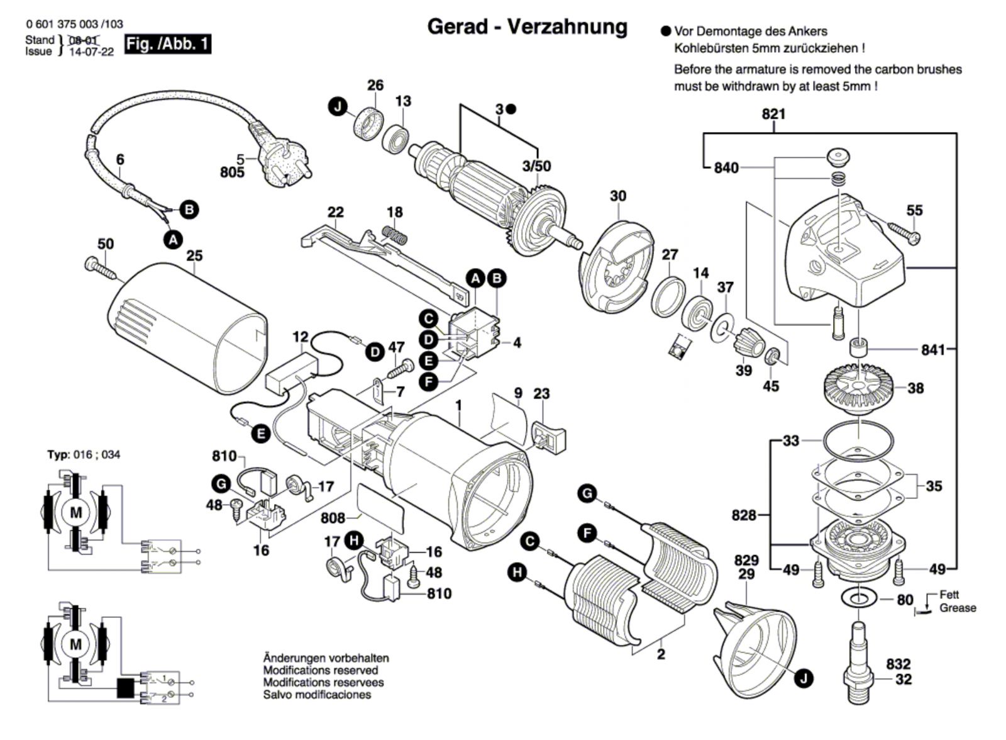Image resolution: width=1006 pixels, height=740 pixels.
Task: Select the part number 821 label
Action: pos(773,114)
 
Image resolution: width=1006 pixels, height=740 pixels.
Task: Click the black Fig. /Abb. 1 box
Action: pos(168,44)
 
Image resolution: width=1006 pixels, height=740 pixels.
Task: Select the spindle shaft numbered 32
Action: pos(860,658)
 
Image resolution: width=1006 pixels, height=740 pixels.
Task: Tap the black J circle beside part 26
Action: pos(339,107)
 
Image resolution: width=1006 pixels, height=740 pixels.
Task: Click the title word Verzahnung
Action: pos(567,26)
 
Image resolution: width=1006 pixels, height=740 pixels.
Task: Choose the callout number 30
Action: pos(618,196)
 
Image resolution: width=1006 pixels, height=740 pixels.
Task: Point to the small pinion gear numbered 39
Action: pos(748,342)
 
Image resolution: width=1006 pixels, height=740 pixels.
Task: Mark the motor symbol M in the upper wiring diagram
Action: pos(76,513)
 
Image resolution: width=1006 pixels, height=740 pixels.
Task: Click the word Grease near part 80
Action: pos(958,608)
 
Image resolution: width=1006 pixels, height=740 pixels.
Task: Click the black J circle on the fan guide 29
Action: pos(802,678)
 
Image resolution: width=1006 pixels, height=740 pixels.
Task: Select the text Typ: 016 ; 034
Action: pos(84,454)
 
